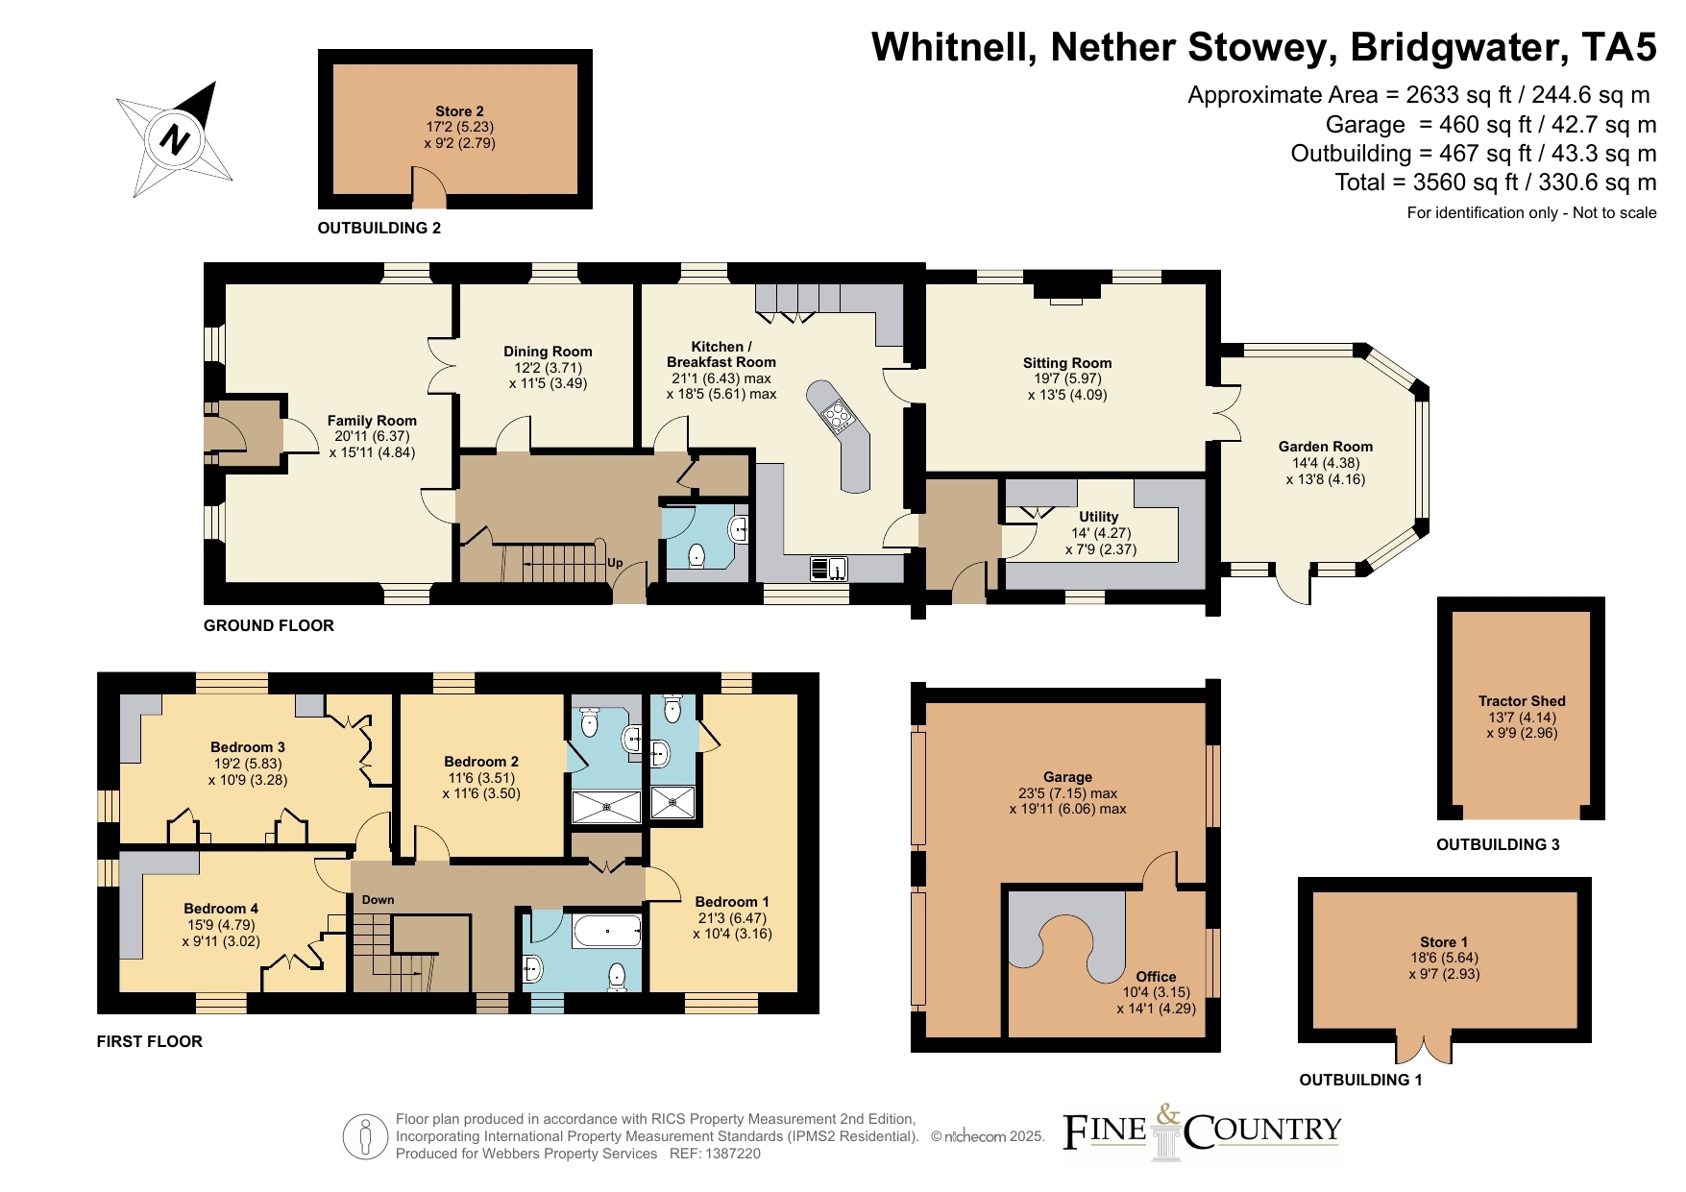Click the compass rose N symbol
(x=174, y=139)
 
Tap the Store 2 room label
(x=459, y=111)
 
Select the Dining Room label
(x=548, y=352)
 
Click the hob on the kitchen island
(x=838, y=416)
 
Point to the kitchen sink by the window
(x=828, y=569)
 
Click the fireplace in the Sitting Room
(x=1065, y=290)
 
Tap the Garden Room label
(x=1326, y=447)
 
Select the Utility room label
(x=1098, y=517)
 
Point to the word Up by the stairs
(x=615, y=563)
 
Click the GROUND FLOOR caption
(x=269, y=625)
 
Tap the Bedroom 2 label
(x=481, y=762)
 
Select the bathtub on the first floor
(x=606, y=932)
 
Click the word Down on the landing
(x=378, y=900)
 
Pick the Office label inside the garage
(x=1156, y=976)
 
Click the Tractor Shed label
(x=1522, y=701)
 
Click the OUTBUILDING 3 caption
(x=1498, y=844)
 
